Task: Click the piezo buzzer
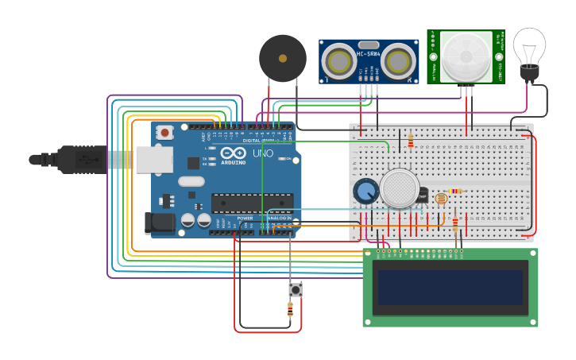[282, 58]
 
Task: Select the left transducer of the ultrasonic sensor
[339, 61]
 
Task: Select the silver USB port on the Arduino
[154, 159]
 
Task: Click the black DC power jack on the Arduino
[160, 223]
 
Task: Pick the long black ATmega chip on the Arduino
[252, 203]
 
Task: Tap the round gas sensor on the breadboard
[399, 188]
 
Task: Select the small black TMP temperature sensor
[422, 195]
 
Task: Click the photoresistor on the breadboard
[441, 199]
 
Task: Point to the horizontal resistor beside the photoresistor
[455, 191]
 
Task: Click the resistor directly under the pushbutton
[290, 311]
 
